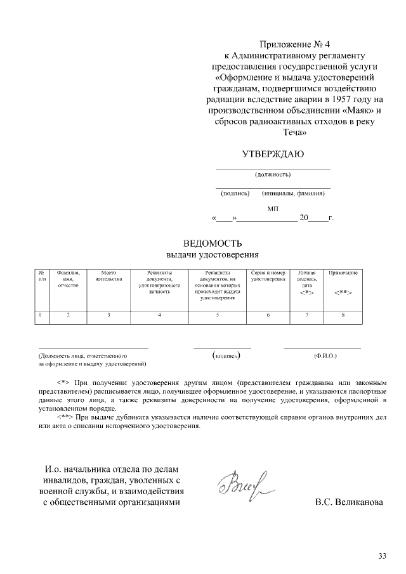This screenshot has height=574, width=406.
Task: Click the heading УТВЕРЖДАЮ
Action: [273, 154]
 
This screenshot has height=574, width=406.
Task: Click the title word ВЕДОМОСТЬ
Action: [213, 244]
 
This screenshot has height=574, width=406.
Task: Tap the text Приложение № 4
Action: [295, 44]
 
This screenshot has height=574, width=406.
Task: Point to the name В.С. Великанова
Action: [350, 502]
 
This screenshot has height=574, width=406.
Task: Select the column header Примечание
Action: [343, 272]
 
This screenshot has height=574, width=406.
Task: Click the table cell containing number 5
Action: [218, 315]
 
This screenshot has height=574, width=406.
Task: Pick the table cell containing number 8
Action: [343, 315]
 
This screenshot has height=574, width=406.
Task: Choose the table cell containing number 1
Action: [41, 315]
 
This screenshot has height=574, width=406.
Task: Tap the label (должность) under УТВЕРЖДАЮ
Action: [273, 174]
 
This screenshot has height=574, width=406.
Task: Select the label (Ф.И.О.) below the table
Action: [325, 356]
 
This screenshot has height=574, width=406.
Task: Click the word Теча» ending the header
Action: [295, 134]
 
